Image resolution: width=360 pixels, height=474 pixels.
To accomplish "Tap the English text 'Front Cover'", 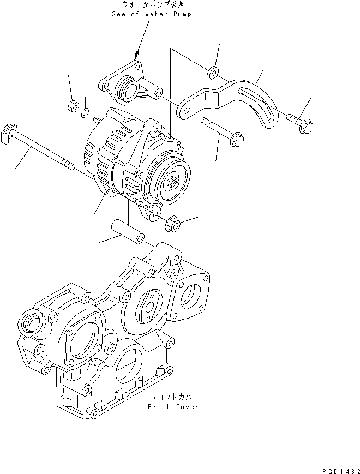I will pyautogui.click(x=173, y=407).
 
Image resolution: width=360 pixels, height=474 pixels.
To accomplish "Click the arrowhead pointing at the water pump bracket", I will pyautogui.click(x=137, y=55).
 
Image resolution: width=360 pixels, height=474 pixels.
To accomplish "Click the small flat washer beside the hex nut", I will pyautogui.click(x=85, y=113).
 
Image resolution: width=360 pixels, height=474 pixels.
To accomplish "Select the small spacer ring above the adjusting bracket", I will pyautogui.click(x=214, y=71).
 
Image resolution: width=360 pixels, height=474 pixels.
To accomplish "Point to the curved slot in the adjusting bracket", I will pyautogui.click(x=262, y=109).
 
